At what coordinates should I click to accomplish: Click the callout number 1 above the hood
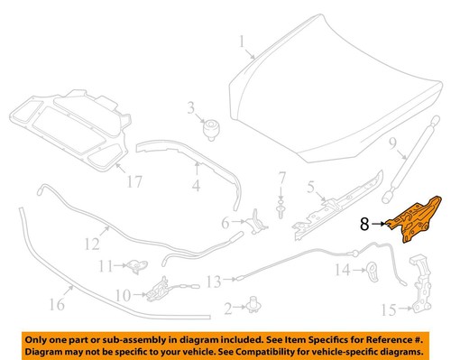pyautogui.click(x=242, y=41)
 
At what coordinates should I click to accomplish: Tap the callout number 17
pyautogui.click(x=133, y=181)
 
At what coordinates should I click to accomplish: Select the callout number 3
pyautogui.click(x=191, y=109)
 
